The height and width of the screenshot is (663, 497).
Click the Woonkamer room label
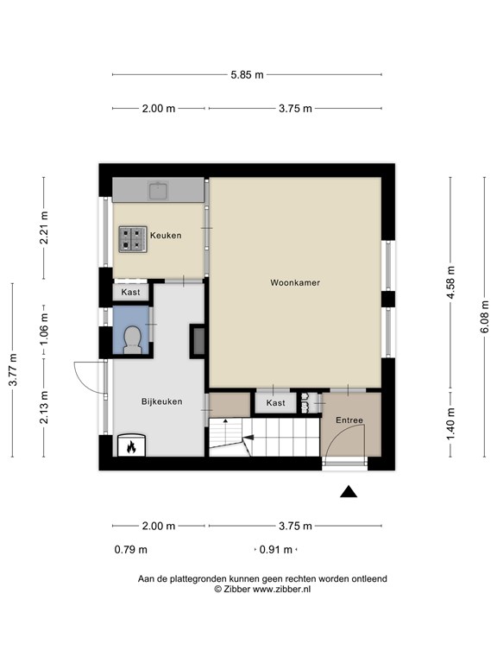coord(295,282)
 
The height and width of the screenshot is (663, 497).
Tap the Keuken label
coord(166,236)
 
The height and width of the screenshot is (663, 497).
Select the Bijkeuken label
coord(162,401)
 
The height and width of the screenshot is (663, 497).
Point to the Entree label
coord(349,420)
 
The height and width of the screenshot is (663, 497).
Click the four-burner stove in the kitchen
coord(133,239)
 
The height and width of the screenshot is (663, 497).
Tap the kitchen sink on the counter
coord(159,190)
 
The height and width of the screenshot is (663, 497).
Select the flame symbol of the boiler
coord(131,446)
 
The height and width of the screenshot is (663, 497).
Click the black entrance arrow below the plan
coord(349,491)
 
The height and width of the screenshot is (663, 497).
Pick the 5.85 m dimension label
coord(247,75)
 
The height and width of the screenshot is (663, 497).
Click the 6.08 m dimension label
coord(484,316)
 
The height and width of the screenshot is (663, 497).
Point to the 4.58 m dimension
coord(450,282)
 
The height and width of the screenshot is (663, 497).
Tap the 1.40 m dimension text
coord(450,423)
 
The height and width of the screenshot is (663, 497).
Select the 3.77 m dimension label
coord(13,369)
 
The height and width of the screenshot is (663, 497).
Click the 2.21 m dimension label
coord(44,228)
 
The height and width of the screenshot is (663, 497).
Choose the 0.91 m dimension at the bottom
coord(275,550)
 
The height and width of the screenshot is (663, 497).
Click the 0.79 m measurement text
coord(131,550)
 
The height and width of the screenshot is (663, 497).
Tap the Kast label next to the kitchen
coord(130,292)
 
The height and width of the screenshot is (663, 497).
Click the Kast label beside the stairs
coord(275,403)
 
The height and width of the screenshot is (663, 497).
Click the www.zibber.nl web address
coord(281,589)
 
